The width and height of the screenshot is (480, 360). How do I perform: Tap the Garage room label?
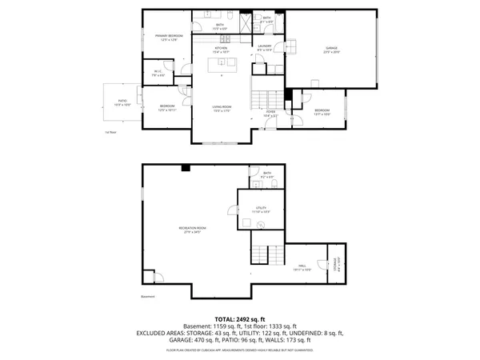(330, 50)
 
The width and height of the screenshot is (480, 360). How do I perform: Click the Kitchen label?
(221, 50)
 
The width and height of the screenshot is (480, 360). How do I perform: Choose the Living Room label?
(221, 110)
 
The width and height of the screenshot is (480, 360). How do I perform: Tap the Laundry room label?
(266, 48)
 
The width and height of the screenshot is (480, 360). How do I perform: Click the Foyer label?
(270, 113)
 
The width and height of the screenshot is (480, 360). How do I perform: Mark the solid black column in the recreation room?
(186, 167)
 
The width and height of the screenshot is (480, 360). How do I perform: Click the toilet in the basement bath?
(274, 182)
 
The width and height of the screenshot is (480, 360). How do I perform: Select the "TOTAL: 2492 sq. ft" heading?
(240, 319)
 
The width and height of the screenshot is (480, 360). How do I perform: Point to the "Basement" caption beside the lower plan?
(147, 297)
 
